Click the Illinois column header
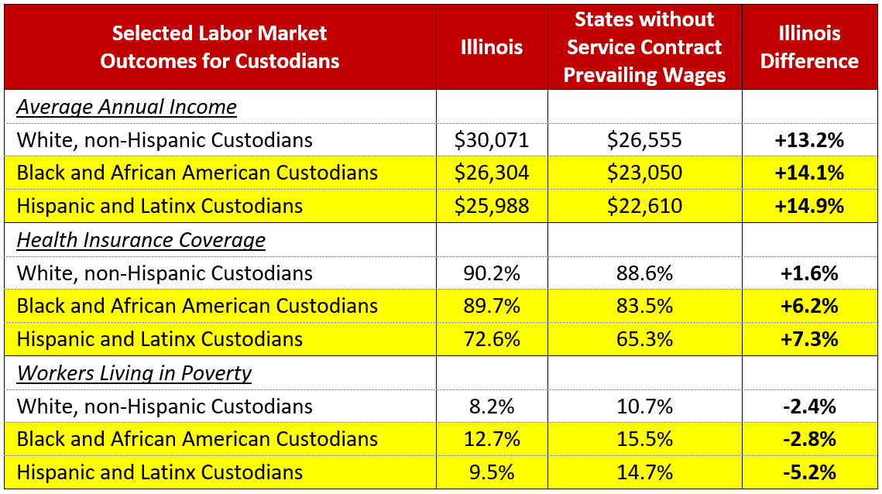click(x=491, y=47)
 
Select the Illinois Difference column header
click(x=809, y=47)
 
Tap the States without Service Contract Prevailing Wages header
click(x=644, y=47)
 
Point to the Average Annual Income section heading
click(x=126, y=107)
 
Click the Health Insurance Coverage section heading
click(x=141, y=240)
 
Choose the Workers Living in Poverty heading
click(x=134, y=373)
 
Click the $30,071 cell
click(x=491, y=140)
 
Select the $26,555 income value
click(x=644, y=140)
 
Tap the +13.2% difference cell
click(x=809, y=140)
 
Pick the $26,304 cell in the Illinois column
click(x=491, y=173)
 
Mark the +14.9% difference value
click(x=809, y=206)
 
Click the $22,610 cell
click(x=644, y=206)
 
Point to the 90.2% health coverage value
click(x=491, y=273)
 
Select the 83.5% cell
click(x=644, y=306)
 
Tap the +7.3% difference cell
click(x=809, y=339)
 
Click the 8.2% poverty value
click(x=491, y=407)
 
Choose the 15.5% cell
click(x=644, y=439)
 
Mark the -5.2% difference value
click(x=809, y=472)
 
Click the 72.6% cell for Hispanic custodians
click(x=491, y=339)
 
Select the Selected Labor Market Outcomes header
click(x=219, y=47)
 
